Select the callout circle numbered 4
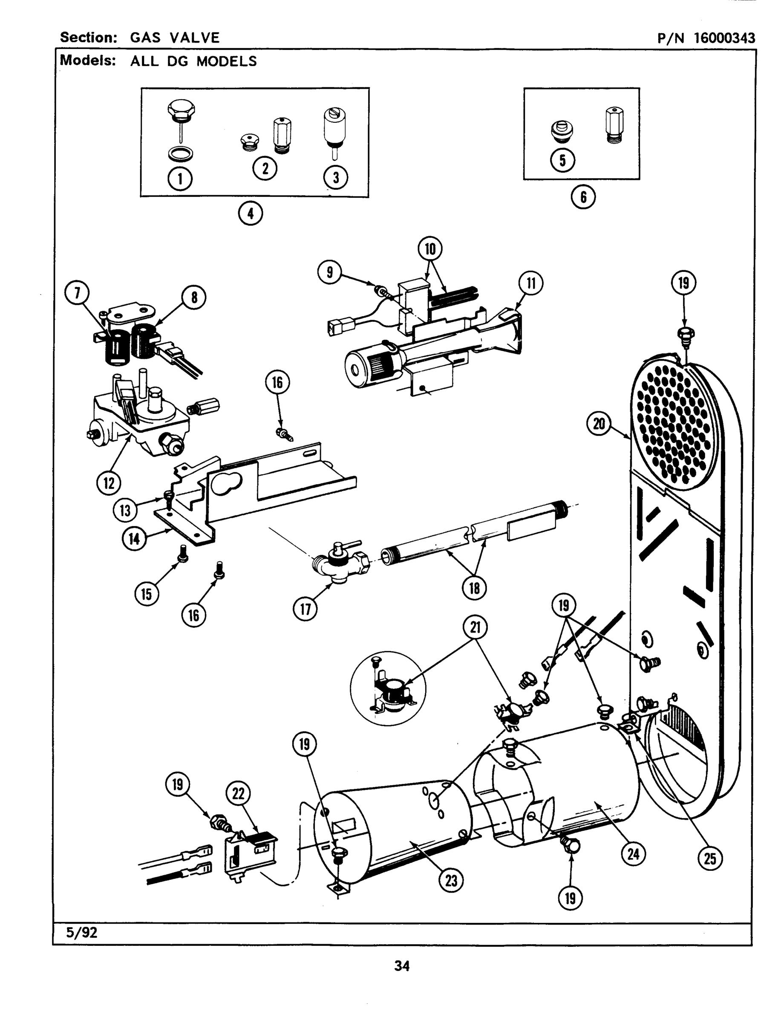click(x=251, y=214)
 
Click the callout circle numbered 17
click(x=305, y=609)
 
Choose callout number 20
click(x=599, y=424)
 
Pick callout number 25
click(x=710, y=858)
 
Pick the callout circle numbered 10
click(x=430, y=249)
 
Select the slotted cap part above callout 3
click(x=335, y=126)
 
